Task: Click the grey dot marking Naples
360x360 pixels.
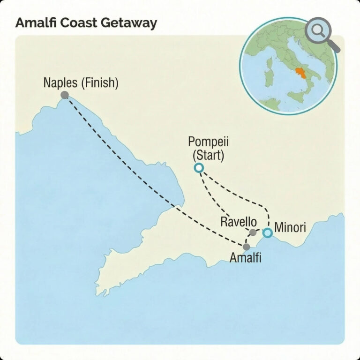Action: (x=65, y=95)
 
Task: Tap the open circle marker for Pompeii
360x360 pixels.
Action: (x=199, y=168)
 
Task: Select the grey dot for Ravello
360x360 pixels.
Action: (x=253, y=232)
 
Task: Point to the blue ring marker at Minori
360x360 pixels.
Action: (x=267, y=232)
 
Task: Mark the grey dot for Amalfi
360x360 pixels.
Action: (x=247, y=247)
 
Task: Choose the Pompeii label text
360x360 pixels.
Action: (x=206, y=142)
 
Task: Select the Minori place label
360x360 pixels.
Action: (x=290, y=228)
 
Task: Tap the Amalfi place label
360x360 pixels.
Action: (x=245, y=257)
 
